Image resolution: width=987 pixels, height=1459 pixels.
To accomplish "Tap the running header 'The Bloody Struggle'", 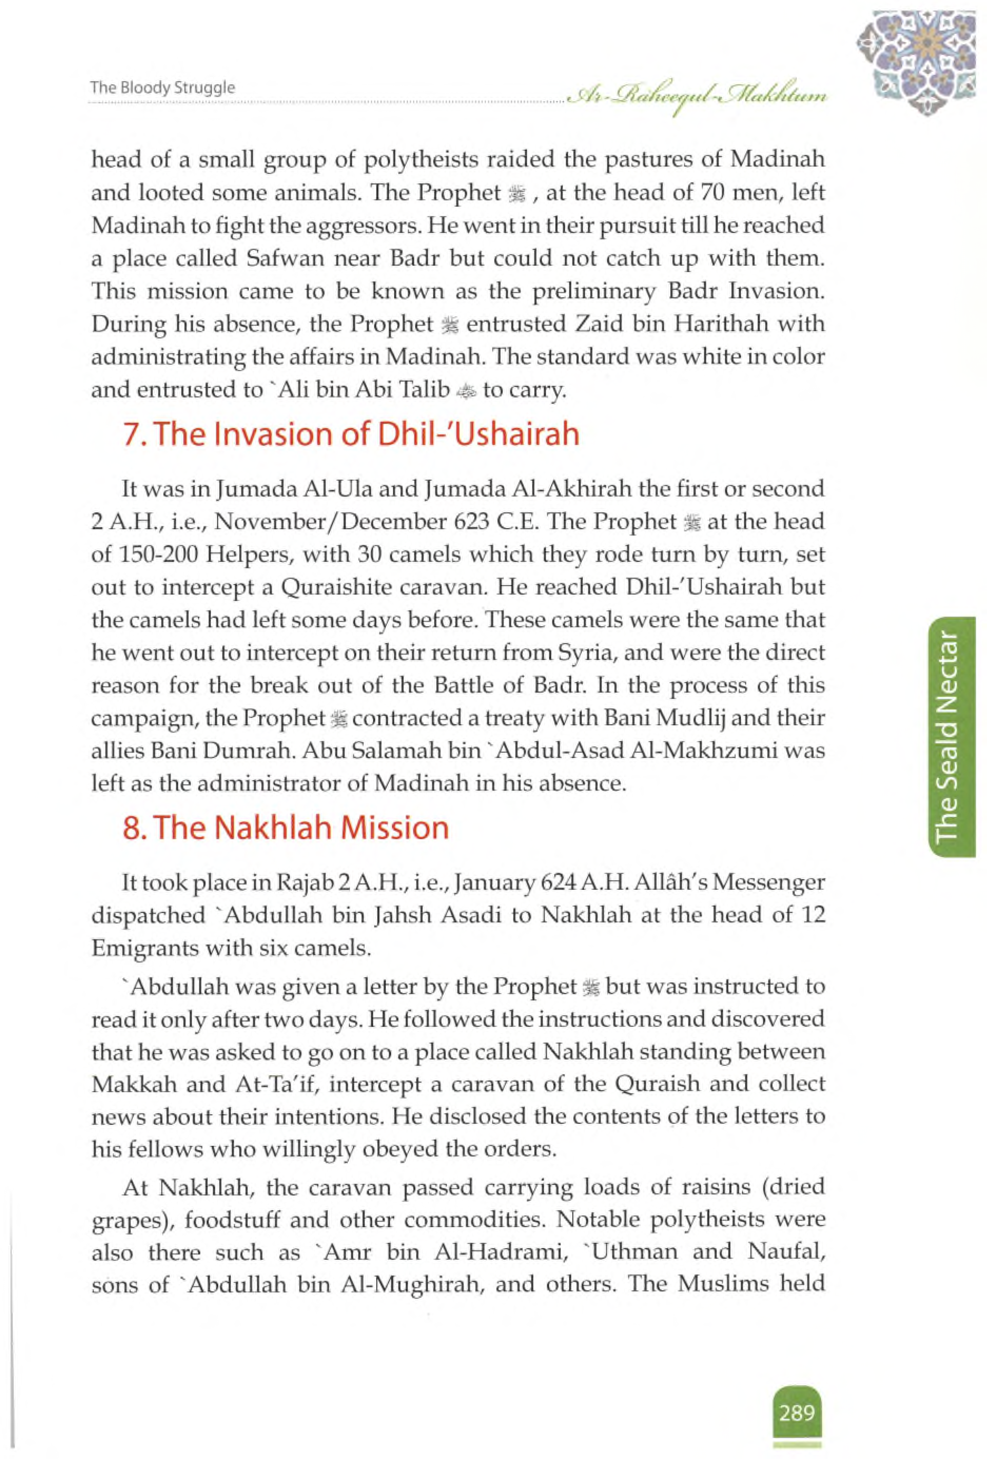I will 162,88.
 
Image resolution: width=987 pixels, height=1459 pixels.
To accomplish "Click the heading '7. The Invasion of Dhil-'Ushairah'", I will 351,434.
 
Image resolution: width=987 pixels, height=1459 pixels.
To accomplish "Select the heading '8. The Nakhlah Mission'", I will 286,828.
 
